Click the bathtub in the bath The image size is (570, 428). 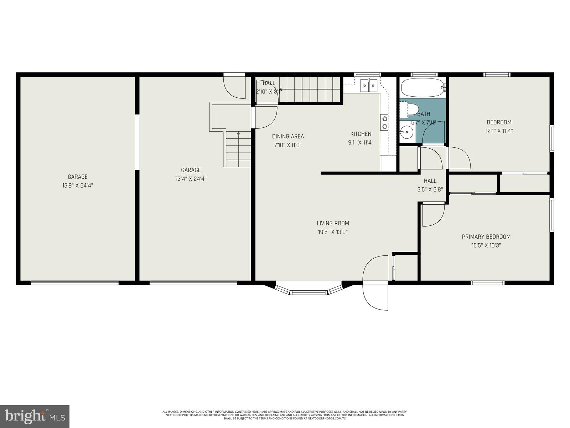[422, 87]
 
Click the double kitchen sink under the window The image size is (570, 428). [369, 85]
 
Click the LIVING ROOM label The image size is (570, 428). [333, 223]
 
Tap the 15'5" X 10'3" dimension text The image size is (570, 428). [486, 245]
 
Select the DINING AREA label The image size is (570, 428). [288, 136]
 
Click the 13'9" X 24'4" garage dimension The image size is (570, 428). [78, 185]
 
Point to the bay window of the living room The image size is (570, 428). [309, 290]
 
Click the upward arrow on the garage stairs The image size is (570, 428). [239, 134]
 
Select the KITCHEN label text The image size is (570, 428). [361, 134]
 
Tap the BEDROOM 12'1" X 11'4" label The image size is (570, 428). [499, 126]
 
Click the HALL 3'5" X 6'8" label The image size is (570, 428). [430, 185]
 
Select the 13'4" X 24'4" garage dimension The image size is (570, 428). [191, 179]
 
